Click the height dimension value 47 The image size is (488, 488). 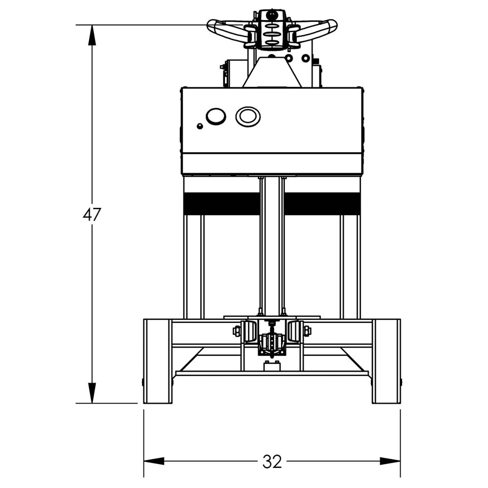point(91,215)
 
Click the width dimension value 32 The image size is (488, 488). point(272,461)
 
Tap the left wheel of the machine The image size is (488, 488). point(157,361)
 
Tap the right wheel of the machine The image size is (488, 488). point(386,361)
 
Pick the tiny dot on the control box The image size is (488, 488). point(200,126)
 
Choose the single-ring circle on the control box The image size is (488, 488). point(215,116)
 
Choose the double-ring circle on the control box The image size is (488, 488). point(248,116)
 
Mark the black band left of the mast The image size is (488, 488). point(221,203)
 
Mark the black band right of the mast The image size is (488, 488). point(323,203)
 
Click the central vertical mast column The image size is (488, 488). point(272,244)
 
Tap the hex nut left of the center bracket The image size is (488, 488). point(237,331)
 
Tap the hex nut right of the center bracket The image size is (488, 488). point(307,331)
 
